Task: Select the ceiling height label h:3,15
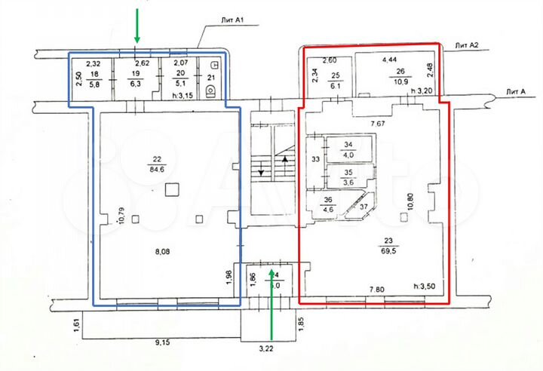point(184,94)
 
